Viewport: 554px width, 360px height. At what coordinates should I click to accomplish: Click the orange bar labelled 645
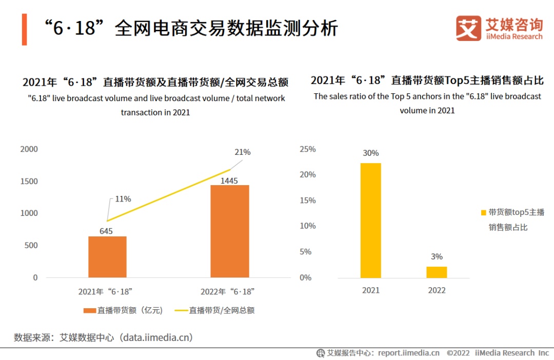point(107,256)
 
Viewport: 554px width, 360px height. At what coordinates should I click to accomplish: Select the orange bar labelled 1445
point(229,231)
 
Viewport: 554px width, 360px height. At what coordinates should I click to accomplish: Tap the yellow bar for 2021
point(370,221)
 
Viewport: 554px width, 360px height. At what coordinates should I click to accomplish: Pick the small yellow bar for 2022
point(437,272)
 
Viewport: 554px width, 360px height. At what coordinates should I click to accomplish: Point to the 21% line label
point(242,152)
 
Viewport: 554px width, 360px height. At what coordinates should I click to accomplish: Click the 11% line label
point(123,199)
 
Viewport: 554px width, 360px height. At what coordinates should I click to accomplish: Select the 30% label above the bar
point(370,153)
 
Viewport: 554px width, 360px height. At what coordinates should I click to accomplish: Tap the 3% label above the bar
point(437,257)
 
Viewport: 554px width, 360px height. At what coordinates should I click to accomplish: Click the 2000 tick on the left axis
point(29,149)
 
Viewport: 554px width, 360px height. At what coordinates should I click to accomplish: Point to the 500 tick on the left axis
point(31,246)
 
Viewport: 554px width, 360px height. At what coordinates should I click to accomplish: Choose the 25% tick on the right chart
point(308,150)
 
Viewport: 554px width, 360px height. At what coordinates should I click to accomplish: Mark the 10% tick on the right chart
point(308,226)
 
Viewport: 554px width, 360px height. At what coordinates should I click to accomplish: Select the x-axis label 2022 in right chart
point(437,290)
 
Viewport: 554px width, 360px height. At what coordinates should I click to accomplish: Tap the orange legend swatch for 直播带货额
point(90,310)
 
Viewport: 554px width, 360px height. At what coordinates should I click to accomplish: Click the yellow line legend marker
point(181,310)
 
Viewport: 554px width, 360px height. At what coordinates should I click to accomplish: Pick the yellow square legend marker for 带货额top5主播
point(483,213)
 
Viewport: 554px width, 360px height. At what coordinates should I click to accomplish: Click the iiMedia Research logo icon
point(468,28)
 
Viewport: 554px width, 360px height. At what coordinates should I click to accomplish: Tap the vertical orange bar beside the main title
point(24,29)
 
